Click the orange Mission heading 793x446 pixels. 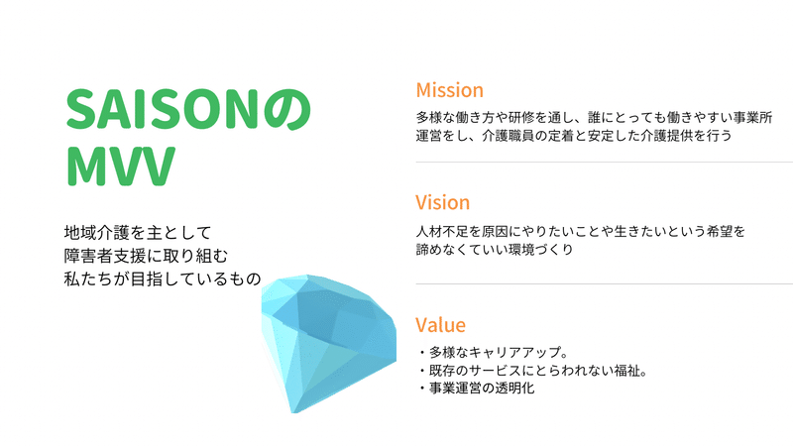[x=450, y=90]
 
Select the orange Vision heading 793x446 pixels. [x=442, y=202]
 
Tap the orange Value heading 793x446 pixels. [x=440, y=325]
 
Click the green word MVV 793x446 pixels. [x=121, y=166]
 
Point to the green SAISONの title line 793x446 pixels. [x=188, y=109]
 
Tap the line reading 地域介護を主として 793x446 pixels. [x=138, y=233]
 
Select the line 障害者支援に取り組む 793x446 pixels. [x=146, y=256]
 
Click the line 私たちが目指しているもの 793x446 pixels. [x=163, y=279]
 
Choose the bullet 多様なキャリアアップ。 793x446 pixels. [x=494, y=352]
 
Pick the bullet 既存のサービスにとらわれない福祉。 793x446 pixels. [x=533, y=370]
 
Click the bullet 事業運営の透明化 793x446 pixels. [x=476, y=388]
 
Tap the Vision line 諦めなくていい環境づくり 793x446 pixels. [x=495, y=250]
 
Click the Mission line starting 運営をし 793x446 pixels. [x=574, y=136]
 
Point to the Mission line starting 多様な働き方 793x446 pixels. [x=594, y=117]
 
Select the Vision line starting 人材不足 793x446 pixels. [x=581, y=231]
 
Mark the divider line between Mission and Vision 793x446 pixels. [x=605, y=163]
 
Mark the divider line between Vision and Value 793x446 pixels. [x=605, y=284]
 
